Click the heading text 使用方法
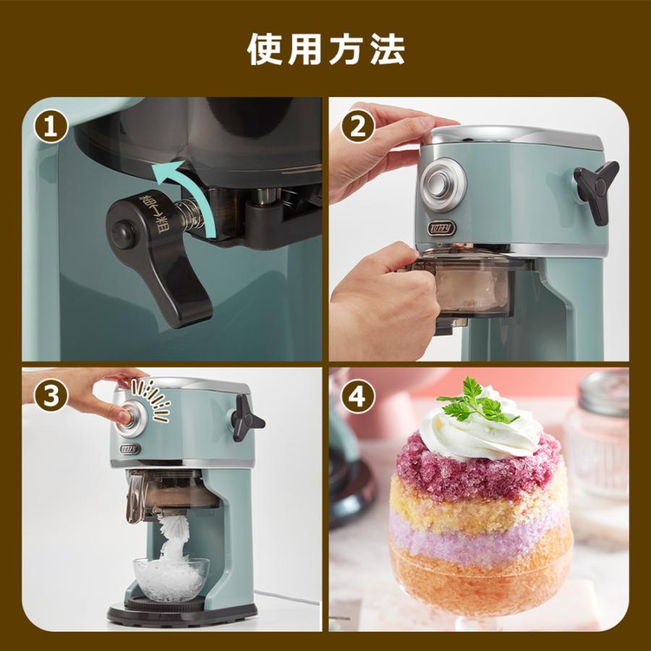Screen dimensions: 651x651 coord(325,49)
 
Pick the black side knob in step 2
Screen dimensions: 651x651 coord(595,190)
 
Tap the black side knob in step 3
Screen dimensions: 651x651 coord(247,422)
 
